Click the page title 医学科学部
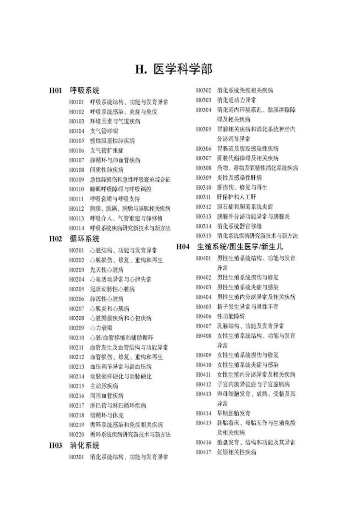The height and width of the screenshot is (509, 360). (183, 70)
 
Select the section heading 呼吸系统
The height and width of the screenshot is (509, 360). (85, 90)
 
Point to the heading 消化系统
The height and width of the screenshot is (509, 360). (85, 445)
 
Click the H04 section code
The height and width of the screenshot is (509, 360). (183, 247)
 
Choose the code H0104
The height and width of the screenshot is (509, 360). (76, 131)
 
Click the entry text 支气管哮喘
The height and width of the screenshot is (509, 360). (104, 131)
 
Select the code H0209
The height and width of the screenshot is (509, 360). (76, 328)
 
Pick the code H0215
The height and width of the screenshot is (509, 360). (76, 386)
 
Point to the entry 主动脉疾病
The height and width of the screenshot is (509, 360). (104, 386)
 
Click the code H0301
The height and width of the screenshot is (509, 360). (76, 457)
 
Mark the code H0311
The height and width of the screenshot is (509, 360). (203, 197)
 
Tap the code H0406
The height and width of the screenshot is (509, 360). (203, 316)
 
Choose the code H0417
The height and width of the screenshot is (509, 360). (203, 452)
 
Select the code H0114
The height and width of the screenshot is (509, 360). (76, 228)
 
